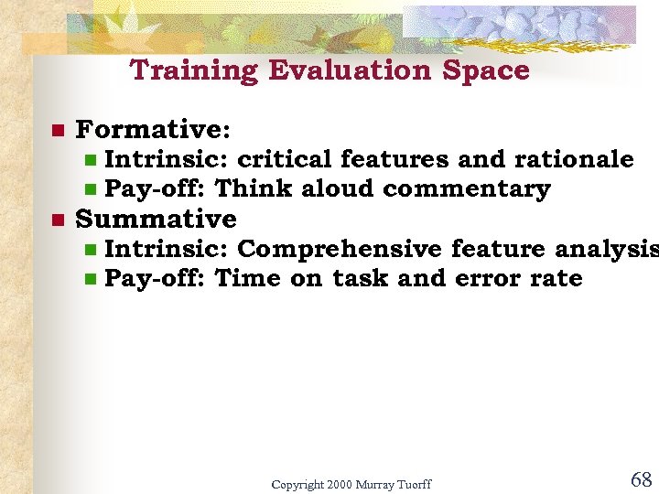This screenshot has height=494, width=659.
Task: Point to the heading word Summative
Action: pos(156,219)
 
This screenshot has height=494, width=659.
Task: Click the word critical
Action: pos(285,159)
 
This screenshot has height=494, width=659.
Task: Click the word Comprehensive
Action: pos(340,249)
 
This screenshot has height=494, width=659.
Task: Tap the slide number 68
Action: pos(641,478)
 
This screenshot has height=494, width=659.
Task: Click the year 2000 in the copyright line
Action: pos(340,484)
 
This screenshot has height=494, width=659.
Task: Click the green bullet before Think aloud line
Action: pos(91,189)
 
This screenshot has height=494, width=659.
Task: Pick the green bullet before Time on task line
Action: pos(91,279)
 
